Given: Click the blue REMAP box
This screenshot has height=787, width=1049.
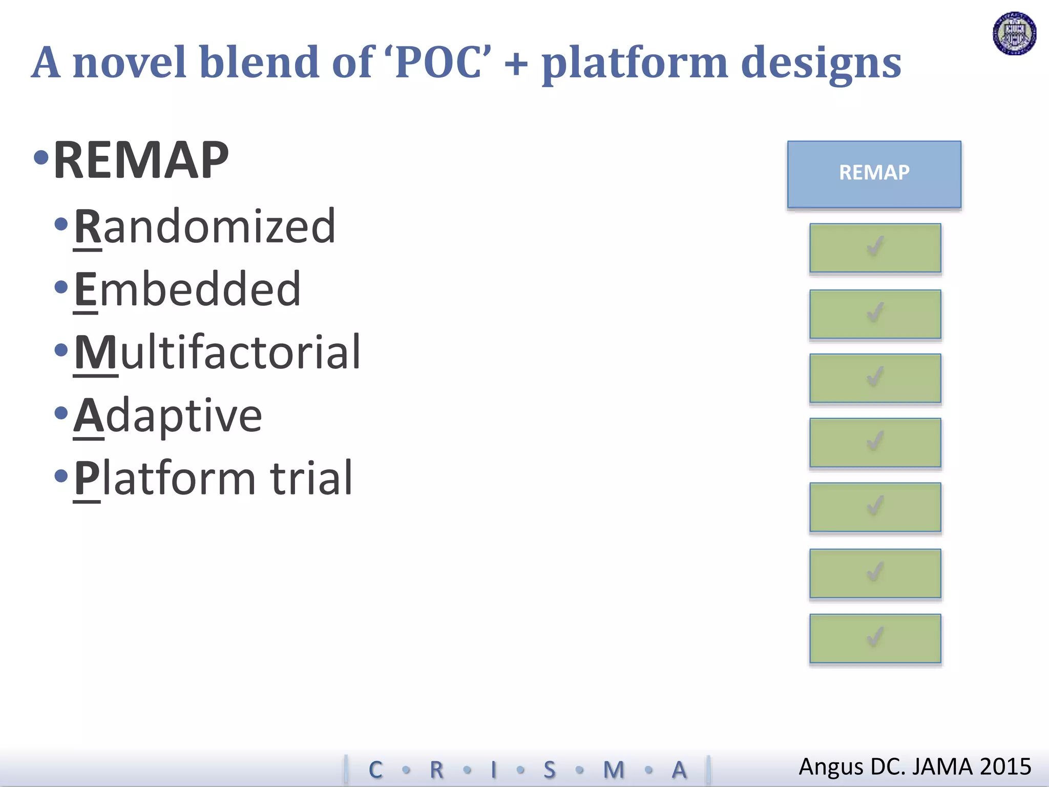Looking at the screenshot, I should click(x=874, y=174).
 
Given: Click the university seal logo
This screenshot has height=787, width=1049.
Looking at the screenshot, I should click(x=1014, y=33).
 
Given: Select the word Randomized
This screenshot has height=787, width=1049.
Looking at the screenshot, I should click(x=205, y=226).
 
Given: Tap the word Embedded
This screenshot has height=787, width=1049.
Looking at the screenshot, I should click(x=187, y=289).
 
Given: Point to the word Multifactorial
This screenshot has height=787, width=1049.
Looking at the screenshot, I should click(x=218, y=353).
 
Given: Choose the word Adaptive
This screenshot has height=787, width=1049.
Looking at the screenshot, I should click(x=168, y=416).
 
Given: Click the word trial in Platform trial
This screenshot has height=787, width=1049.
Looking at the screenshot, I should click(x=311, y=478).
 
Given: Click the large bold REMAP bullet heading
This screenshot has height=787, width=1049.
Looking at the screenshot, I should click(x=141, y=160).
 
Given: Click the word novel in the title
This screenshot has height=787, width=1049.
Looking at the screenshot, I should click(x=129, y=63).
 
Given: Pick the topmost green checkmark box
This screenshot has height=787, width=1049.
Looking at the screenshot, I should click(x=875, y=247).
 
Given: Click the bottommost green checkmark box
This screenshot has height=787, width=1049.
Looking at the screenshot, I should click(x=875, y=638).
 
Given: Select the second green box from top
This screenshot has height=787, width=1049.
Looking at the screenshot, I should click(x=875, y=314).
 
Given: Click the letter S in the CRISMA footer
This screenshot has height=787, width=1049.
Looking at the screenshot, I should click(x=549, y=770).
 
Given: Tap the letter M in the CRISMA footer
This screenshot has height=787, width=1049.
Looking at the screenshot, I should click(x=614, y=770).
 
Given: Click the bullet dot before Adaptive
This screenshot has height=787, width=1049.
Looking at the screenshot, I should click(x=61, y=412).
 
